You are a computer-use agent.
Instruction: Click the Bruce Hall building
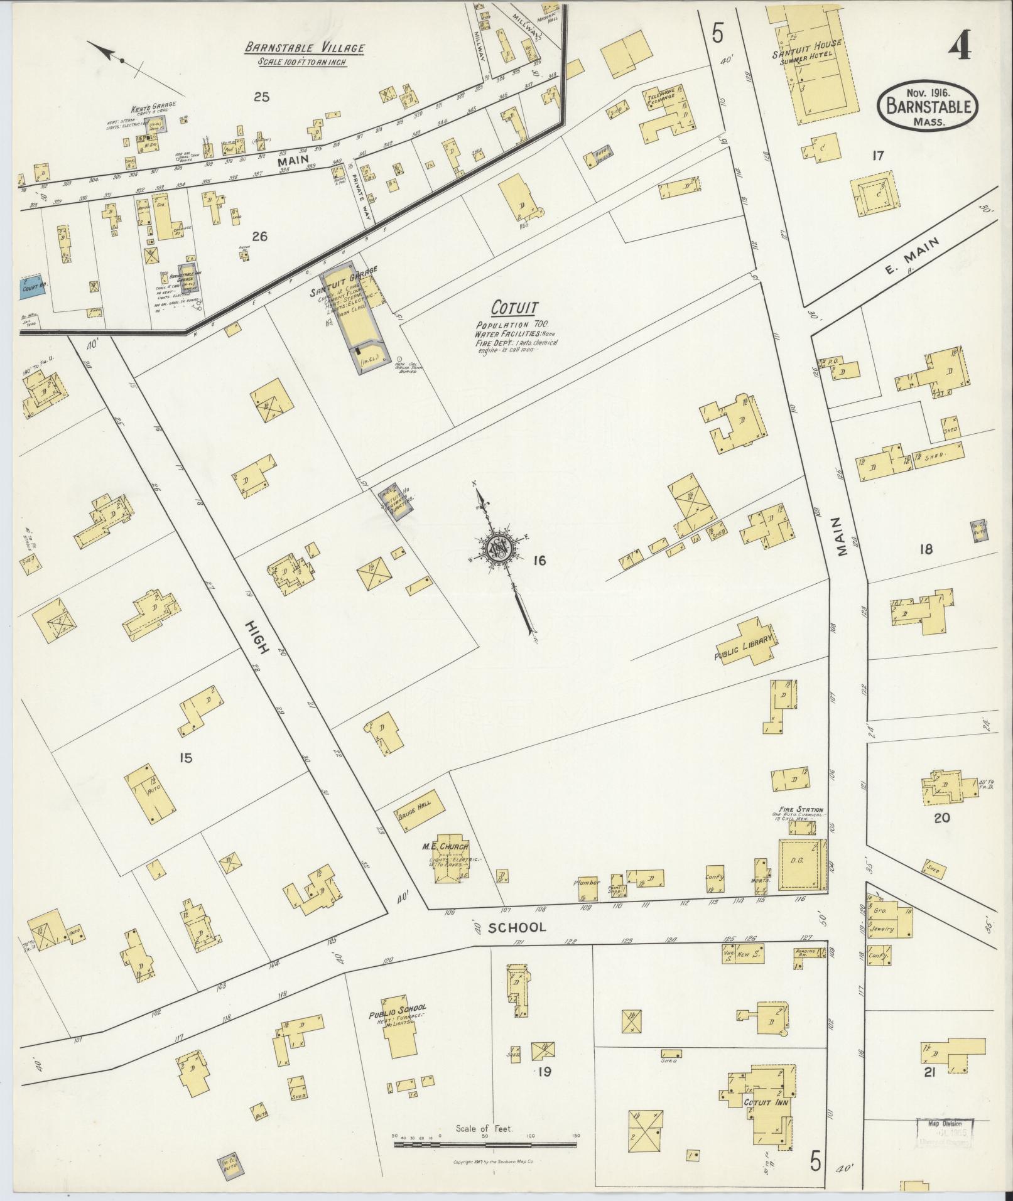418,812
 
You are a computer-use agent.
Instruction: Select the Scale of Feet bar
485,1144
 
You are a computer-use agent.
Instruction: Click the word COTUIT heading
515,308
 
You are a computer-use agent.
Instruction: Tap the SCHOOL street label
517,927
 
